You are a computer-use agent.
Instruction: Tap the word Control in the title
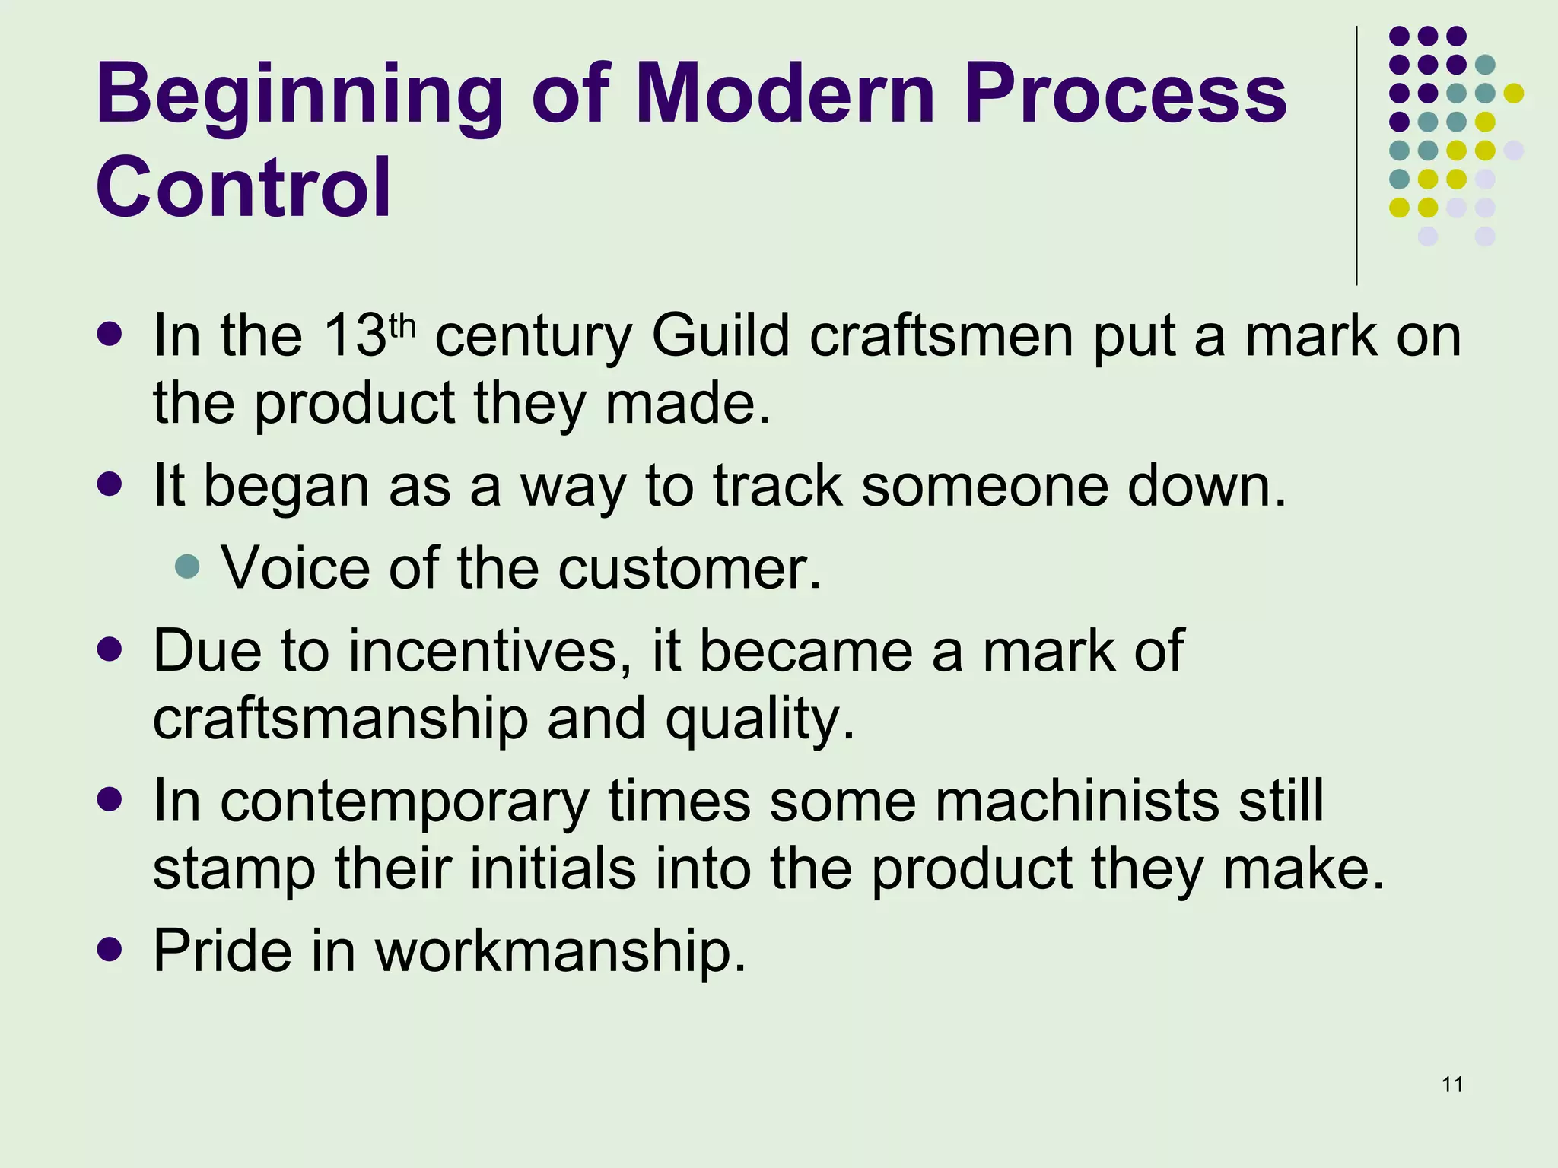243,187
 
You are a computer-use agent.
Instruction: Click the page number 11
1452,1084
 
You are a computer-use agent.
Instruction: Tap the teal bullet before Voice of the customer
186,567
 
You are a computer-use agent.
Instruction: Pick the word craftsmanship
340,719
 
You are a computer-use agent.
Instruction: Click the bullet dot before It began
110,484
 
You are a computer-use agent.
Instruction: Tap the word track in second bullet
777,486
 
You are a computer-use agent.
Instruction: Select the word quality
761,719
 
